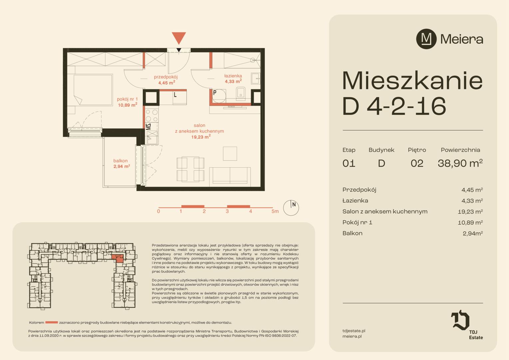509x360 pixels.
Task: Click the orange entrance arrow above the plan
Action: [179, 38]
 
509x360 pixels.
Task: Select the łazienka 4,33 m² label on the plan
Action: [233, 78]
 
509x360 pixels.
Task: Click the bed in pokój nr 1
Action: [93, 90]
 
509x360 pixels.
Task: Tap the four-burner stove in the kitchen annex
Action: [152, 115]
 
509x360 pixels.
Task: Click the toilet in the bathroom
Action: [241, 93]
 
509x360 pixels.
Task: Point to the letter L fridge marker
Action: [175, 95]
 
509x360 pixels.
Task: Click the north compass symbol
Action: [291, 208]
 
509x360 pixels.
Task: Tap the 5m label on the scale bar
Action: [275, 211]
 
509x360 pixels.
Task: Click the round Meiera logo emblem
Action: [426, 39]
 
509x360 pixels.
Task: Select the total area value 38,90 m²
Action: [460, 163]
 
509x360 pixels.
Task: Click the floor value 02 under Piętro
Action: [417, 164]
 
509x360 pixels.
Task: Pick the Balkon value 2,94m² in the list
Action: [473, 233]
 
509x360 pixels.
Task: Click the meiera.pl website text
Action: [352, 336]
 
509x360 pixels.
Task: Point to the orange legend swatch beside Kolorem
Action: [52, 322]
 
